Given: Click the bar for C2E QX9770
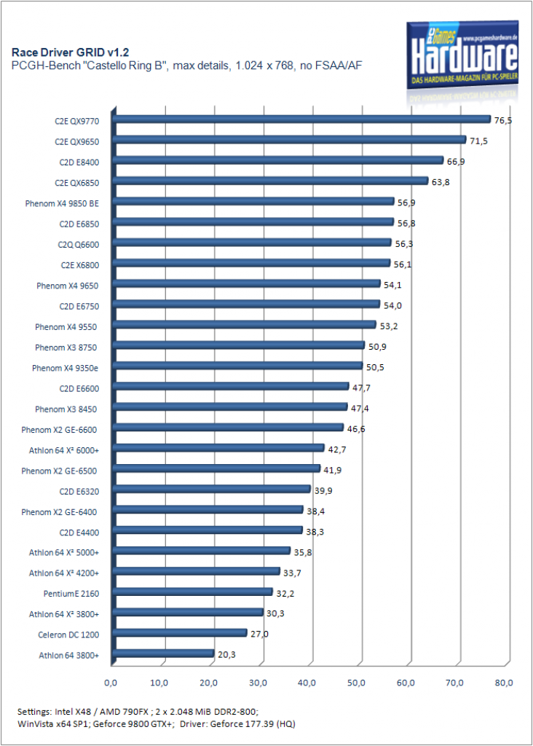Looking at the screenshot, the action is pos(301,119).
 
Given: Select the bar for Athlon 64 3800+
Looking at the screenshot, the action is pos(164,653).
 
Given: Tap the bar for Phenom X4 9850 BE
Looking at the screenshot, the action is pos(253,201).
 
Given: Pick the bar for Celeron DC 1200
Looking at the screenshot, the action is pos(180,633).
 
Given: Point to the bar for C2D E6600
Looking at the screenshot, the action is pos(231,386).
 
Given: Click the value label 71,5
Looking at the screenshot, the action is pos(478,141).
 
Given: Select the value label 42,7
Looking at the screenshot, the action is pos(336,449).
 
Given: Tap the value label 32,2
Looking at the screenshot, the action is pos(285,594).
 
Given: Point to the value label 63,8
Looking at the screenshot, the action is pos(441,182).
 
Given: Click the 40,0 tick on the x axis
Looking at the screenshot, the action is pos(307,683).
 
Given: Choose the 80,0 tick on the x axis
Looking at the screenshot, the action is pos(504,683).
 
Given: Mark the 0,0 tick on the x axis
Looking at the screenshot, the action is pos(110,683).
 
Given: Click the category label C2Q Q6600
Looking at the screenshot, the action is pos(79,245).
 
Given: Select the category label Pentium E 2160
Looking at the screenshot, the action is pos(71,594).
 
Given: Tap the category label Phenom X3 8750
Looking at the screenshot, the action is pos(66,348).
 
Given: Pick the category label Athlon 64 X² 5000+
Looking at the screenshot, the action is pos(64,552).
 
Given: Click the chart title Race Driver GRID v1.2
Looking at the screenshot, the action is pos(71,52).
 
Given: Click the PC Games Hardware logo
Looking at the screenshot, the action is pos(462,55).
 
